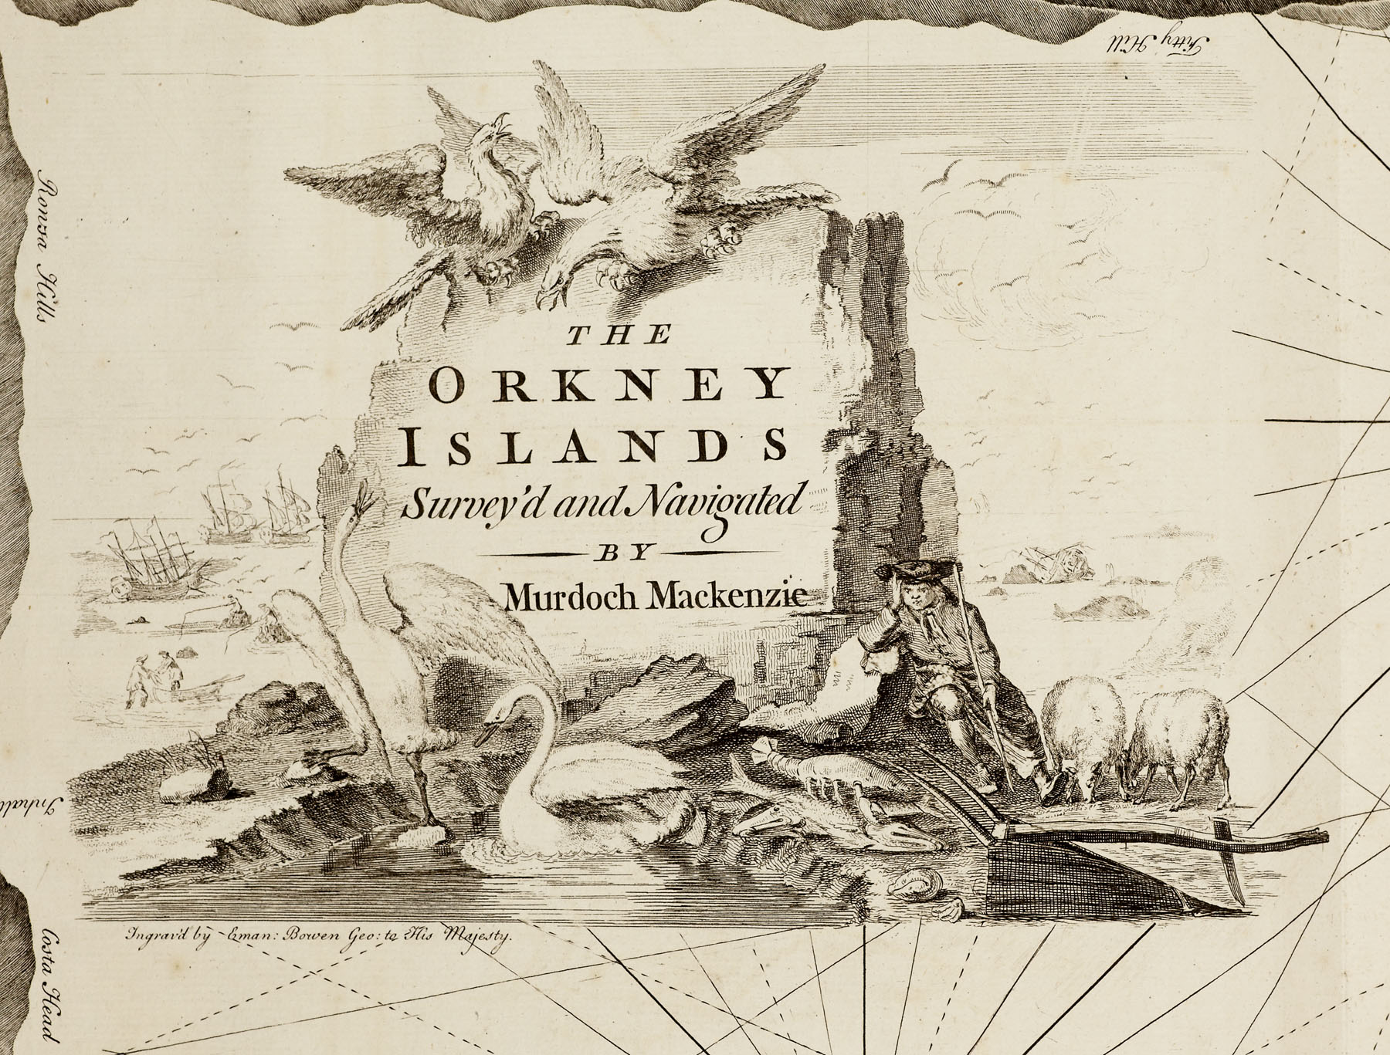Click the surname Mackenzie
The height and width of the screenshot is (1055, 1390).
tap(728, 596)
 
